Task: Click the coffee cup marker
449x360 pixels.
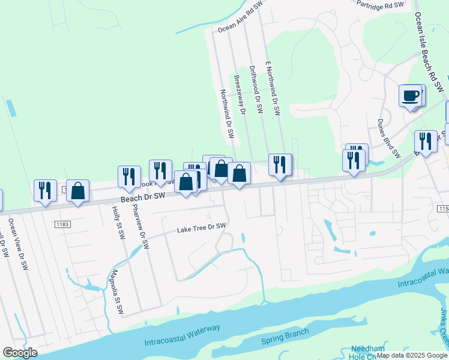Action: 411,96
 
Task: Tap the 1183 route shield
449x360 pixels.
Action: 62,224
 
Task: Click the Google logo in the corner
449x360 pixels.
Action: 20,352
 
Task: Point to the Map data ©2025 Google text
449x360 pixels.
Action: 412,355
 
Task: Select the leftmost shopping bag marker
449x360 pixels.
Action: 77,190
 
